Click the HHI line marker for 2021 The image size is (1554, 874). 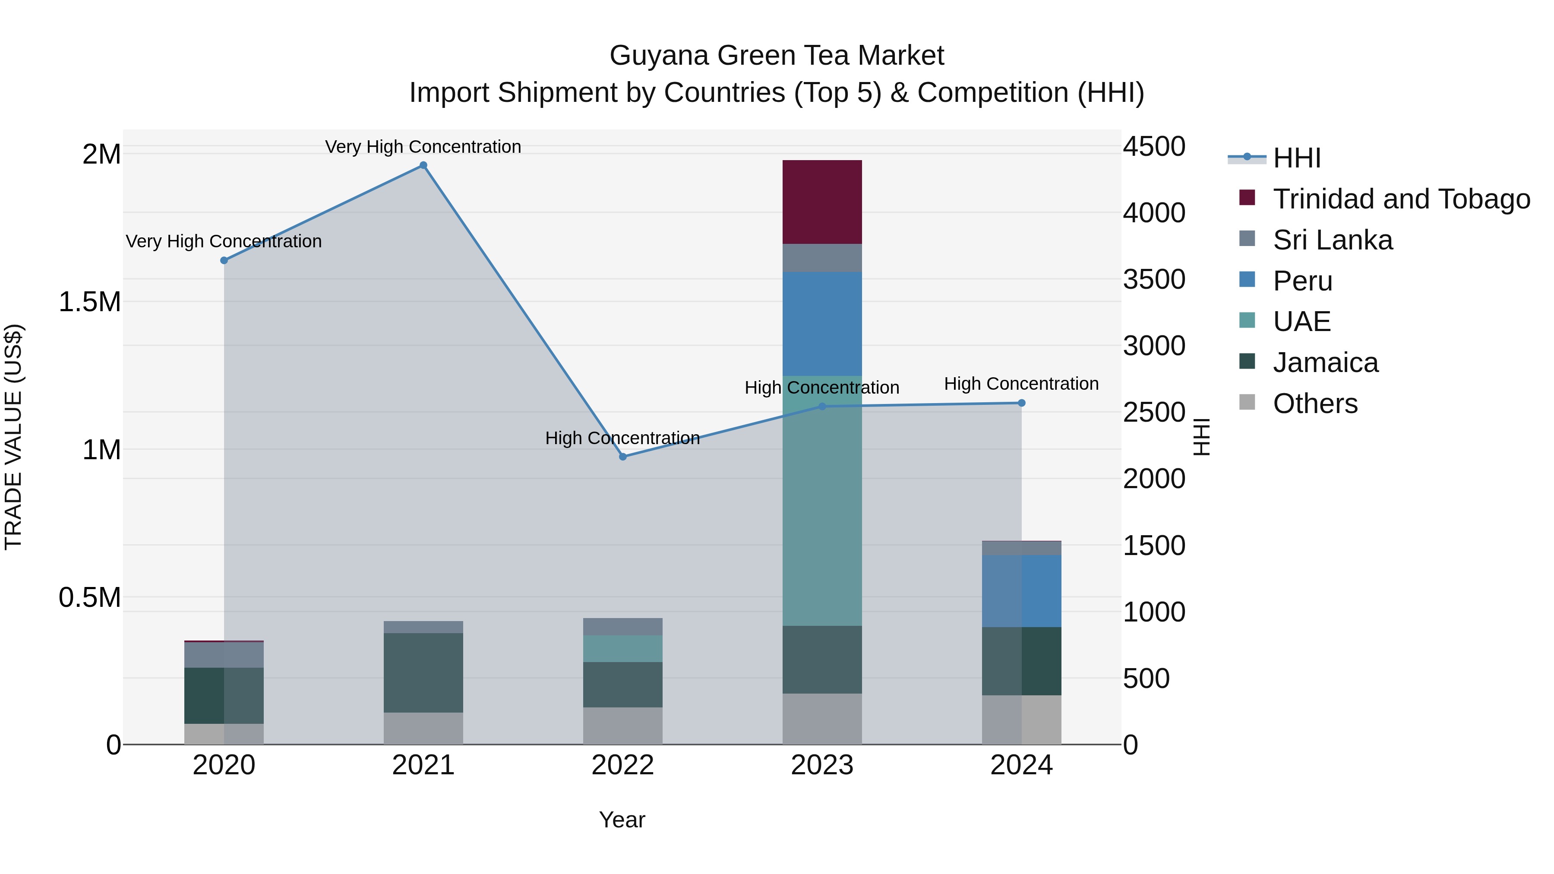(423, 165)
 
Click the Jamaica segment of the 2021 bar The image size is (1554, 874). (423, 672)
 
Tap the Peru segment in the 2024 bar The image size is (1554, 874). (1021, 591)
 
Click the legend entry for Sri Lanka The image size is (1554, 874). (1332, 240)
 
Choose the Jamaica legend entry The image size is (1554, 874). (1325, 363)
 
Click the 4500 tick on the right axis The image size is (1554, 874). (1153, 147)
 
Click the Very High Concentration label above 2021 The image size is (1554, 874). (423, 147)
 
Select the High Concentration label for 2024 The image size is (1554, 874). (1021, 384)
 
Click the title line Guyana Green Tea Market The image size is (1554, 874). (777, 56)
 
